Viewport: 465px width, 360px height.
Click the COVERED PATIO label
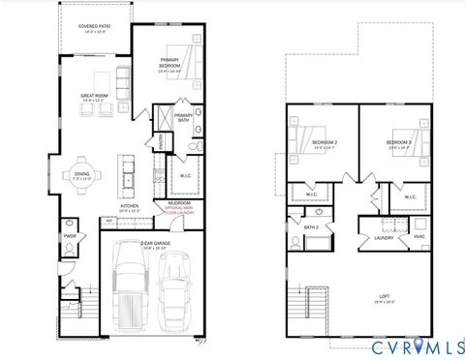coord(93,29)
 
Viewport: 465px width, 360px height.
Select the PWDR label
coord(69,235)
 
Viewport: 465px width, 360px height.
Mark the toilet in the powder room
coord(69,250)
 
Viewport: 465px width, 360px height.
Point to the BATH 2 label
coord(310,228)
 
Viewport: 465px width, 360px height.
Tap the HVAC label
coord(418,236)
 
